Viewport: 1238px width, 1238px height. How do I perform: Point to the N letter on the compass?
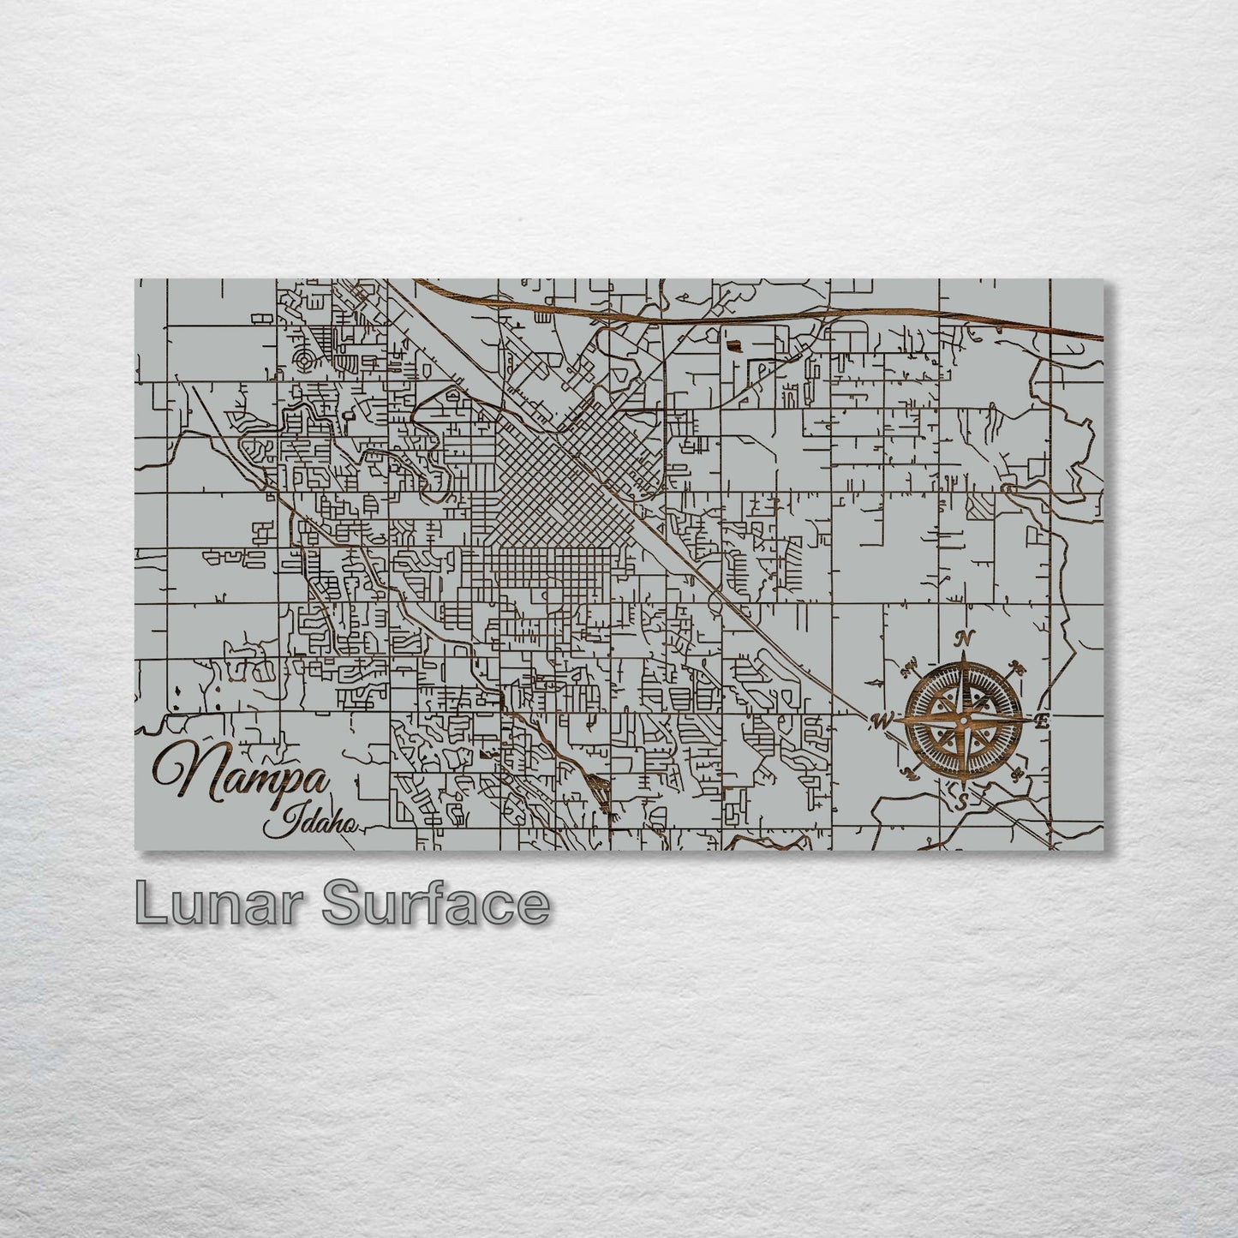click(966, 638)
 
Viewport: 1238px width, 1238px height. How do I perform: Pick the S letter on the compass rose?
click(961, 802)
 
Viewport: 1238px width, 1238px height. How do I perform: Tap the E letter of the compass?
click(1042, 721)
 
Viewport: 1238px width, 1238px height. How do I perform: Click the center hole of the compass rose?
click(964, 721)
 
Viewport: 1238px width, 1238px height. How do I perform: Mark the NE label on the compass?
click(1019, 667)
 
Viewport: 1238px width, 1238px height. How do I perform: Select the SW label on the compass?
click(908, 774)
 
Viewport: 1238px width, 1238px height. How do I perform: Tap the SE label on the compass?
click(1018, 775)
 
